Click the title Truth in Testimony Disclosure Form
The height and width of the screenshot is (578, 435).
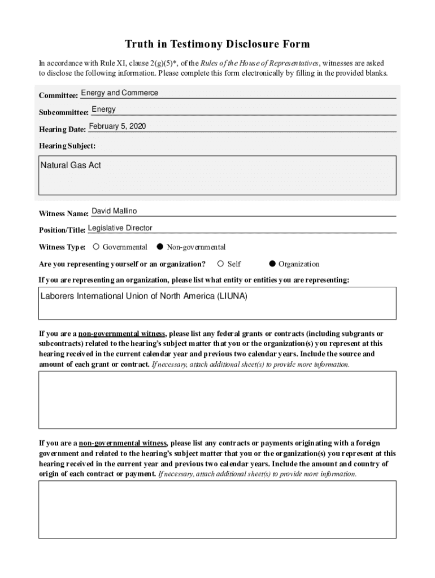217,44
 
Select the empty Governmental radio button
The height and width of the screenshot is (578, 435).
97,247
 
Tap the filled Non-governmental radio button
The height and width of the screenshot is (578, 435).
160,247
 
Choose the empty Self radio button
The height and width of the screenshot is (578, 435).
221,264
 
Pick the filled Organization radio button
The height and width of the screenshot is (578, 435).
272,264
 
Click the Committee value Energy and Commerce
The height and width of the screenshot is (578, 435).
120,93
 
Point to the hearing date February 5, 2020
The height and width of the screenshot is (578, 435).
118,126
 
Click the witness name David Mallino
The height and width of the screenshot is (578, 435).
114,211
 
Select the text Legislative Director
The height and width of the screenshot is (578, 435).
120,228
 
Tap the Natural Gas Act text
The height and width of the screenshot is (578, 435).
71,165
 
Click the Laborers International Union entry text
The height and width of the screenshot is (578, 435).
144,296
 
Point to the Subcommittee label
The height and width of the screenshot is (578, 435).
63,113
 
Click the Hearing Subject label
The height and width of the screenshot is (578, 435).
67,146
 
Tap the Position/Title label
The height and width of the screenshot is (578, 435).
62,230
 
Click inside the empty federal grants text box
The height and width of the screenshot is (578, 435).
217,399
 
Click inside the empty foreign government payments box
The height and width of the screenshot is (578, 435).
217,509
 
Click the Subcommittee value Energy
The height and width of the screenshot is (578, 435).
103,109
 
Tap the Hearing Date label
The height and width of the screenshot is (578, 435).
62,130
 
